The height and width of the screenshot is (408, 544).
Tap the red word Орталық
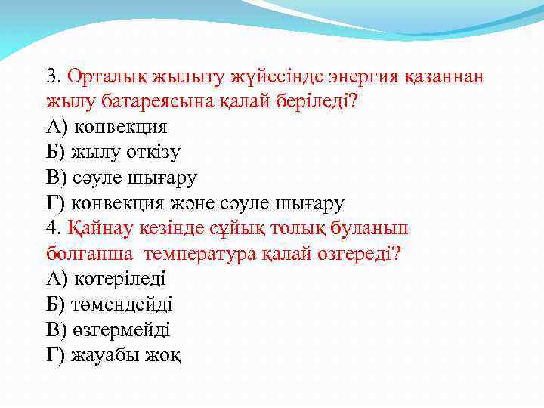[107, 76]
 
